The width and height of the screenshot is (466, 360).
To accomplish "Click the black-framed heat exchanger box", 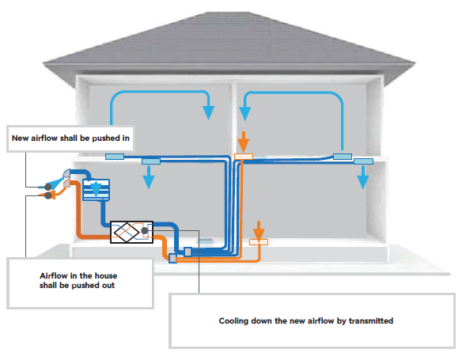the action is pyautogui.click(x=131, y=232).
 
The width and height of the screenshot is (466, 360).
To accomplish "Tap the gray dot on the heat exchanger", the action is pyautogui.click(x=145, y=230).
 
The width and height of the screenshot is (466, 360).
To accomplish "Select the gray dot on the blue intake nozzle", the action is pyautogui.click(x=47, y=187).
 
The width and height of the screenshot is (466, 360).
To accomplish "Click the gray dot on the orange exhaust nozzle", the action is pyautogui.click(x=47, y=195).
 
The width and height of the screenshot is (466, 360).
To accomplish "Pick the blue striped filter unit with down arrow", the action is pyautogui.click(x=96, y=189).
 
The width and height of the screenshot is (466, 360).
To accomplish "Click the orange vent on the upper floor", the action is pyautogui.click(x=244, y=157).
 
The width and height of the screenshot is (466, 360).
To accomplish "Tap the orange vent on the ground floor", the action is pyautogui.click(x=259, y=242).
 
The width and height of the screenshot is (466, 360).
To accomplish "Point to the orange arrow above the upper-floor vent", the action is pyautogui.click(x=244, y=142).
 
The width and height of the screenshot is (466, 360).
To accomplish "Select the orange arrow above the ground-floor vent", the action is pyautogui.click(x=259, y=229).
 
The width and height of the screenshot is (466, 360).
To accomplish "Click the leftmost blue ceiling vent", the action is pyautogui.click(x=115, y=157).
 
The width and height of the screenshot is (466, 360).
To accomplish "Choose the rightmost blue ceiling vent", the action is pyautogui.click(x=363, y=161).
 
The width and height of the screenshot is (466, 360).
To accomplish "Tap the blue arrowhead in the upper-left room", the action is pyautogui.click(x=209, y=112).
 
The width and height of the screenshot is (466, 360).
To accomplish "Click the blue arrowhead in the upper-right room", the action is pyautogui.click(x=245, y=113).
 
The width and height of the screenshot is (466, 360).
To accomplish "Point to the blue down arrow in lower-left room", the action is pyautogui.click(x=149, y=177).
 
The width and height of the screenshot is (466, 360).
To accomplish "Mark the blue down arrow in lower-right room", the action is pyautogui.click(x=363, y=177).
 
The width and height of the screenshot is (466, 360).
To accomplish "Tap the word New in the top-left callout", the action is pyautogui.click(x=21, y=138).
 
